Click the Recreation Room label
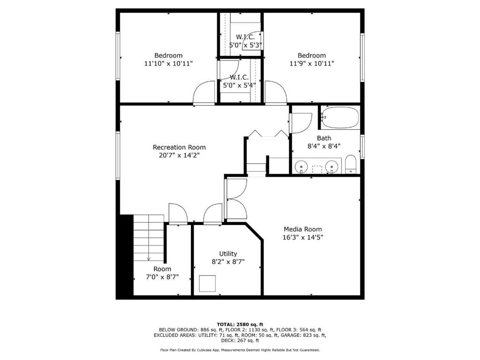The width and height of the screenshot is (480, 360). click(x=179, y=147)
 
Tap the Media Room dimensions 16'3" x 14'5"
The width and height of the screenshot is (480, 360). click(x=303, y=237)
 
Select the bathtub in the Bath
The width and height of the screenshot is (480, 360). click(x=340, y=118)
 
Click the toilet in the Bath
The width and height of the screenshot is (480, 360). click(x=350, y=164)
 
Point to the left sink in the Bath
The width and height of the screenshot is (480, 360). click(x=301, y=167)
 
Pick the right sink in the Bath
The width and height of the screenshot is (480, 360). click(x=331, y=167)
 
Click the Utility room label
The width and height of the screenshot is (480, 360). click(x=228, y=254)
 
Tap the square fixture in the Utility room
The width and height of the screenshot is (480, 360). click(x=207, y=284)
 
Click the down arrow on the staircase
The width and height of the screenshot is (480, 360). click(x=148, y=259)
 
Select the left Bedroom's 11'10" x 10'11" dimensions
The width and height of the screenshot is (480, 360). click(x=168, y=64)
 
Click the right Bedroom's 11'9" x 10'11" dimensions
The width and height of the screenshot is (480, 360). click(x=312, y=64)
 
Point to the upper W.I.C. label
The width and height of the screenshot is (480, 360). click(x=245, y=37)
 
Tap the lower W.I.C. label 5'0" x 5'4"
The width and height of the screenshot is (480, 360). click(x=239, y=82)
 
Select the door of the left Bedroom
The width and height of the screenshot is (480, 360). click(x=204, y=93)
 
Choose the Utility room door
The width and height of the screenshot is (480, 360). click(x=213, y=214)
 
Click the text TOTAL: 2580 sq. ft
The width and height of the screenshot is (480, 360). click(x=240, y=324)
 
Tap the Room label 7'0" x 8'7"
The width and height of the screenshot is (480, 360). click(x=162, y=273)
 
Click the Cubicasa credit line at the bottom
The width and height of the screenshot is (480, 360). click(x=240, y=350)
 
